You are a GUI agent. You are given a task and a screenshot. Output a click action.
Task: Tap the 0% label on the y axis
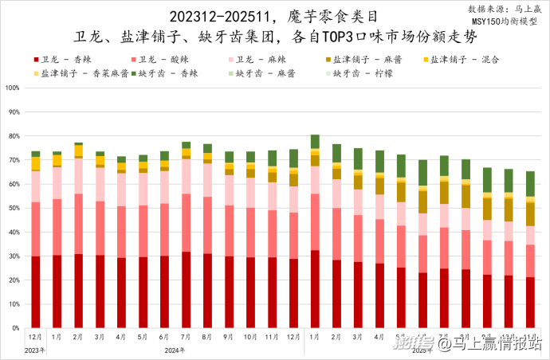(15, 327)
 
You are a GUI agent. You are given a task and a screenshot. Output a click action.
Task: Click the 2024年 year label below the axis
(175, 350)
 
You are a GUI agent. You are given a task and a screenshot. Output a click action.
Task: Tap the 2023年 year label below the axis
(35, 350)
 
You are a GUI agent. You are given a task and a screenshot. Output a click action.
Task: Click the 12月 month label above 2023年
(36, 338)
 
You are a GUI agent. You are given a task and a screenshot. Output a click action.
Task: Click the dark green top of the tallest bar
(316, 142)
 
